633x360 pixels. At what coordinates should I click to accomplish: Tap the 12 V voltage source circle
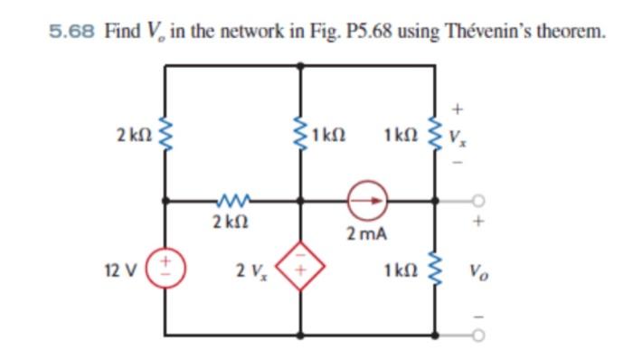point(165,270)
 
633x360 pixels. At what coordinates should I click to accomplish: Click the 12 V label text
point(121,270)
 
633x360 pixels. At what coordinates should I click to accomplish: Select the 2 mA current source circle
point(370,200)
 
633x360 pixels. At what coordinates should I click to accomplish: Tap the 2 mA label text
point(368,234)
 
